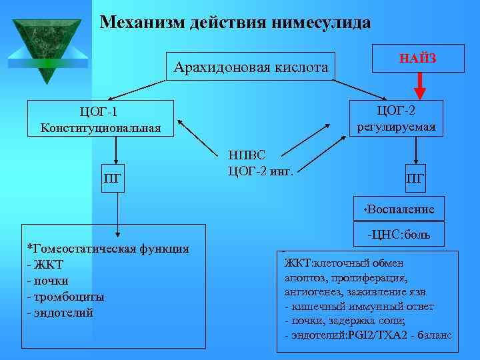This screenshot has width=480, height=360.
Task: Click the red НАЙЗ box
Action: tap(417, 59)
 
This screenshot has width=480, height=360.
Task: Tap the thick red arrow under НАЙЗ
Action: tap(418, 84)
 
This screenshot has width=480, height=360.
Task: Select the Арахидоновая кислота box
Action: tap(251, 67)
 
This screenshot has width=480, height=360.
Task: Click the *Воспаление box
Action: tap(399, 209)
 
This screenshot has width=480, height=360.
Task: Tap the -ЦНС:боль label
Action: tap(398, 235)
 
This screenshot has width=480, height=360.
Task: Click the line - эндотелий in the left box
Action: tap(60, 312)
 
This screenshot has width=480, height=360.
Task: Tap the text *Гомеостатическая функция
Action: tap(106, 249)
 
